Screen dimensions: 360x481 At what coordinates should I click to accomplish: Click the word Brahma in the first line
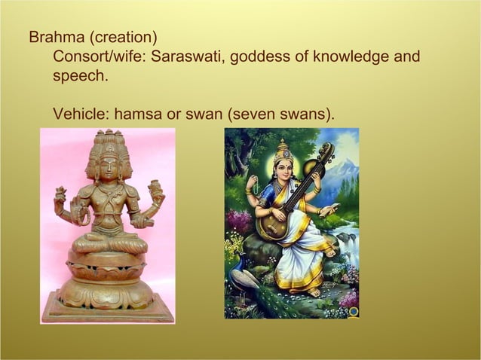tap(53, 37)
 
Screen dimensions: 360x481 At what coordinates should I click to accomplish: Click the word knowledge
tap(354, 57)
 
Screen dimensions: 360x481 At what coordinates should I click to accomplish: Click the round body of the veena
tap(269, 224)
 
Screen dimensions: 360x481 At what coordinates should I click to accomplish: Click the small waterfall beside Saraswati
tap(348, 241)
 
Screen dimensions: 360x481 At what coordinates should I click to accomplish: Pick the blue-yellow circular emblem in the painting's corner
tap(352, 310)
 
